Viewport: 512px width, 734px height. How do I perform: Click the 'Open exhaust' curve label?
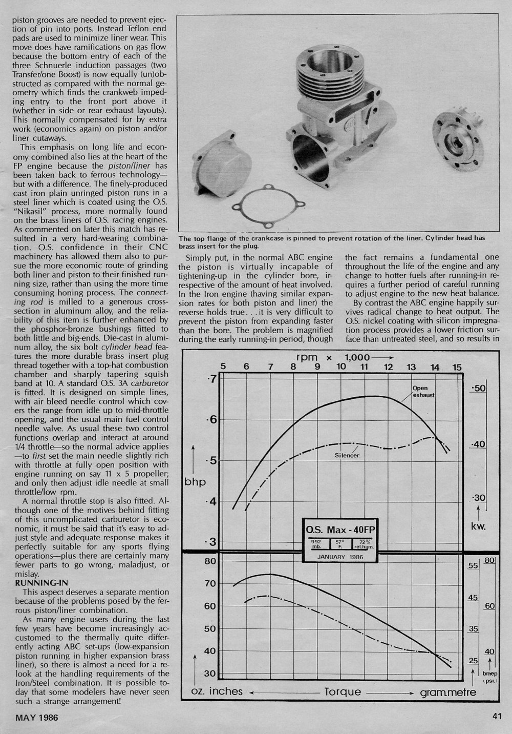point(424,392)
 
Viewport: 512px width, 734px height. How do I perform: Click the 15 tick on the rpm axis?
point(457,367)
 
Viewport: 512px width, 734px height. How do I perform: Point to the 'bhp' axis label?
point(195,482)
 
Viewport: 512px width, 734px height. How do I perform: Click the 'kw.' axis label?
point(478,526)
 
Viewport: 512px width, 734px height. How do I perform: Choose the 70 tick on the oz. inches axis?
point(210,583)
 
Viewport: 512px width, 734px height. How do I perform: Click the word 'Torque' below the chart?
point(343,692)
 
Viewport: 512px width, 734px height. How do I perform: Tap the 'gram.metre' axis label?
point(448,692)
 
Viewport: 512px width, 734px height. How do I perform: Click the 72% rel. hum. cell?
point(365,544)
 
